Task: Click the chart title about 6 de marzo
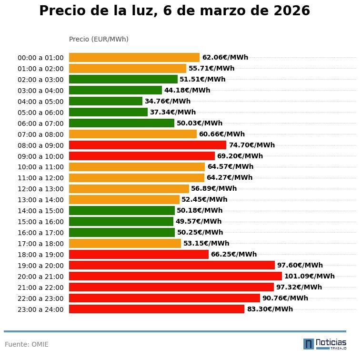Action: click(174, 11)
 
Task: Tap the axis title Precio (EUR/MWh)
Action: click(99, 39)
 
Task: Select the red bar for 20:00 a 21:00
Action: click(175, 276)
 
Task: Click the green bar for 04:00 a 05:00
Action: click(106, 101)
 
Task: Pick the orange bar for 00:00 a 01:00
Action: click(134, 58)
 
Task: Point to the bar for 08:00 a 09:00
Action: click(148, 145)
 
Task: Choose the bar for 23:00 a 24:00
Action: click(157, 309)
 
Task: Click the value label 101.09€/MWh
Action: click(310, 276)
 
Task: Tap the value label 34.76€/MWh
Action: click(168, 101)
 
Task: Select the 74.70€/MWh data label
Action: click(252, 145)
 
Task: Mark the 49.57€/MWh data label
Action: click(199, 221)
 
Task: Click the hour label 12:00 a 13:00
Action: click(40, 189)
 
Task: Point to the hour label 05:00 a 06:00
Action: click(40, 113)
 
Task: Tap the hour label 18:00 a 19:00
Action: click(40, 255)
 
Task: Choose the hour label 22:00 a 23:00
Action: click(40, 298)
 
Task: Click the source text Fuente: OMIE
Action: click(27, 344)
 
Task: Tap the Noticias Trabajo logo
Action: click(325, 344)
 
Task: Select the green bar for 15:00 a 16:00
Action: click(121, 221)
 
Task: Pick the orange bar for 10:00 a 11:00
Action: click(137, 167)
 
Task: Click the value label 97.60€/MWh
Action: click(300, 265)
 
